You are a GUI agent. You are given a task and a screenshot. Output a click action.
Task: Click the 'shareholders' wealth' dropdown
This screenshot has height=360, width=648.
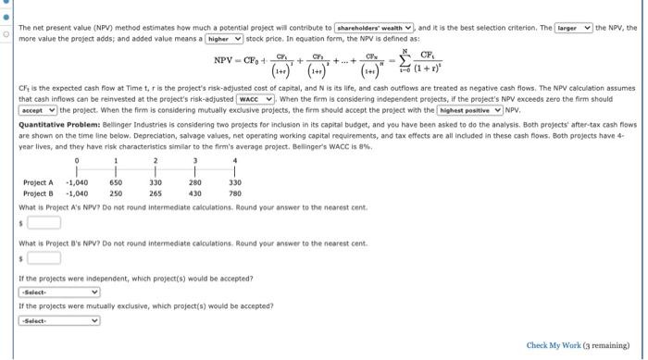pos(373,29)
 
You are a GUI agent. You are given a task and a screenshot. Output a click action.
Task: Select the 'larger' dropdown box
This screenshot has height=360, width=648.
pos(579,29)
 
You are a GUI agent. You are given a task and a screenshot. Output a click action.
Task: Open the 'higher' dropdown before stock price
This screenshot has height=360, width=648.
pos(225,40)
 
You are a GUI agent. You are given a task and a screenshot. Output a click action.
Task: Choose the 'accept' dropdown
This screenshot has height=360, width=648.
pos(39,109)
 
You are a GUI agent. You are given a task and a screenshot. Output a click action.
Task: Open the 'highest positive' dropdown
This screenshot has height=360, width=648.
pos(476,109)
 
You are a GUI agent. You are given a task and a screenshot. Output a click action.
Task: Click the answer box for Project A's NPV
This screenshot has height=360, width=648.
pos(43,222)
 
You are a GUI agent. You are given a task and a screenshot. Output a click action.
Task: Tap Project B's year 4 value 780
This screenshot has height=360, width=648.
pos(234,193)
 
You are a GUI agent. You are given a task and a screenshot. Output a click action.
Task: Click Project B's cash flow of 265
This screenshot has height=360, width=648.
pos(156,193)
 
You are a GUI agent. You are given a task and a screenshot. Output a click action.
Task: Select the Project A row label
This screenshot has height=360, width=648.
pos(38,183)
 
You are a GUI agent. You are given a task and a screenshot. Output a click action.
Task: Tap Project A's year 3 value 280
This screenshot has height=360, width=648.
pos(195,183)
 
